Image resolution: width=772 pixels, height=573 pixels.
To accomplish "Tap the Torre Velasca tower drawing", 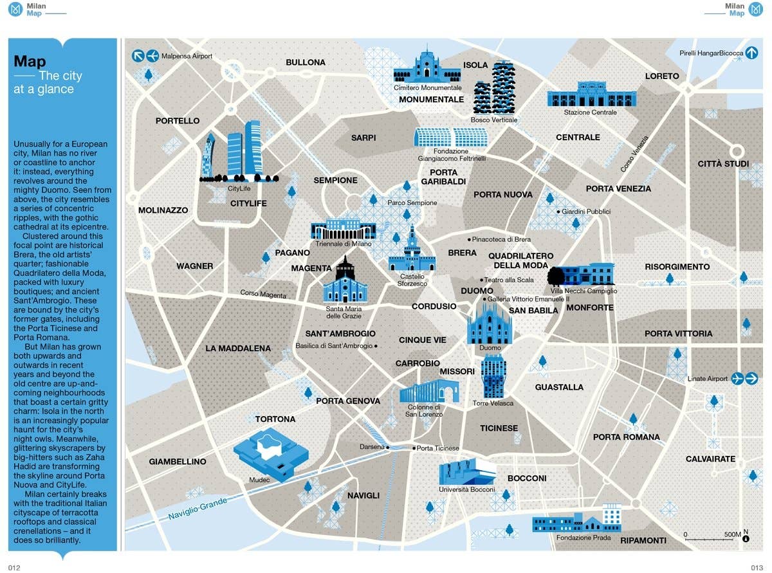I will [493, 376].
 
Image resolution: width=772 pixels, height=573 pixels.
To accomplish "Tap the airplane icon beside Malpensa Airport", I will [152, 56].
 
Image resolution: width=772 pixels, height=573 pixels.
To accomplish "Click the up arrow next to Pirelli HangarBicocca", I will [752, 53].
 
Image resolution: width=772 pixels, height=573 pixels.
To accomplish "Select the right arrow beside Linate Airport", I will [751, 379].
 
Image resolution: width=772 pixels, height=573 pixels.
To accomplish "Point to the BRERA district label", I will [462, 253].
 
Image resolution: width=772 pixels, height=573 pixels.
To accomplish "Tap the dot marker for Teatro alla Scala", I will [481, 280].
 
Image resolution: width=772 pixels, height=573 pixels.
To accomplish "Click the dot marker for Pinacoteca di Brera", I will [469, 239].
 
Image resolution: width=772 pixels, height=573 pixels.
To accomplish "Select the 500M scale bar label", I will [732, 534].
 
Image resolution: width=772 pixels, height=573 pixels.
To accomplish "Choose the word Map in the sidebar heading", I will [30, 61].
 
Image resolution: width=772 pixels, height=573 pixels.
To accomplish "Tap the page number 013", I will [757, 567].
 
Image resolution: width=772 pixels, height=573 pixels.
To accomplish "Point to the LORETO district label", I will [662, 76].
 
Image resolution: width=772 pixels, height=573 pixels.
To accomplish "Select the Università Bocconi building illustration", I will [467, 472].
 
